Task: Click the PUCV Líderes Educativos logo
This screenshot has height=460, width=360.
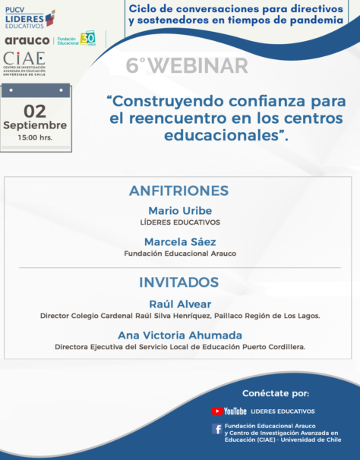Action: [x=30, y=18]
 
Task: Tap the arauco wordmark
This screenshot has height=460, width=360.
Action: [x=27, y=40]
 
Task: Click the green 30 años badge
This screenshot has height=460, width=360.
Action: [x=88, y=38]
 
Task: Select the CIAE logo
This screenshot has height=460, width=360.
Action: [x=24, y=64]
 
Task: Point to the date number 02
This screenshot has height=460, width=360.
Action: [x=35, y=111]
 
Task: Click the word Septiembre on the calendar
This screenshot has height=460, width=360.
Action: [x=35, y=125]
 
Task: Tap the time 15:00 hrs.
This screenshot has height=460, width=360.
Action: [x=35, y=137]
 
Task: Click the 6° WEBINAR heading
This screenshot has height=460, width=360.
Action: [x=187, y=65]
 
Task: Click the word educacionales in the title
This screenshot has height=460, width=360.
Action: [x=221, y=135]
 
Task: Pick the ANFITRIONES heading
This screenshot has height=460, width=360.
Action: [x=178, y=191]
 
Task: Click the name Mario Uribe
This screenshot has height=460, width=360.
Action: [x=180, y=210]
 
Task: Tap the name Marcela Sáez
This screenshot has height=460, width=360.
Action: [x=180, y=241]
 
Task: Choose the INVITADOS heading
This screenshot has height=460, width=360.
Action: [x=178, y=282]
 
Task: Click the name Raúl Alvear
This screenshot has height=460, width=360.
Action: [x=180, y=304]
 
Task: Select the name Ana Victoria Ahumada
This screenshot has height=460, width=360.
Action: [x=180, y=336]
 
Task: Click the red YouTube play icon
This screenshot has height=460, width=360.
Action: [x=217, y=411]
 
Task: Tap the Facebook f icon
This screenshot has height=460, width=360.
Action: [x=217, y=429]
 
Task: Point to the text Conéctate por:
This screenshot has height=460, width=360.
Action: [x=276, y=393]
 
